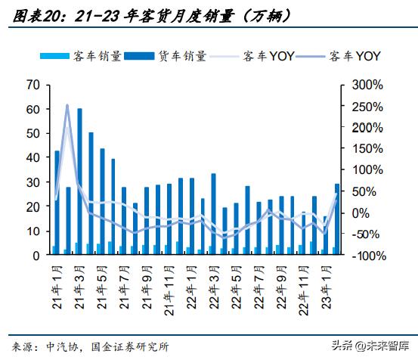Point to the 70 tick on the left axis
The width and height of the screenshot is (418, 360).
(x=33, y=85)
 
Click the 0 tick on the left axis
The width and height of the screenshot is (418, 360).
(x=36, y=256)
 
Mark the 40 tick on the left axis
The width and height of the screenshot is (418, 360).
(x=33, y=158)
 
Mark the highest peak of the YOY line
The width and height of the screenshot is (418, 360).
(x=67, y=105)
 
